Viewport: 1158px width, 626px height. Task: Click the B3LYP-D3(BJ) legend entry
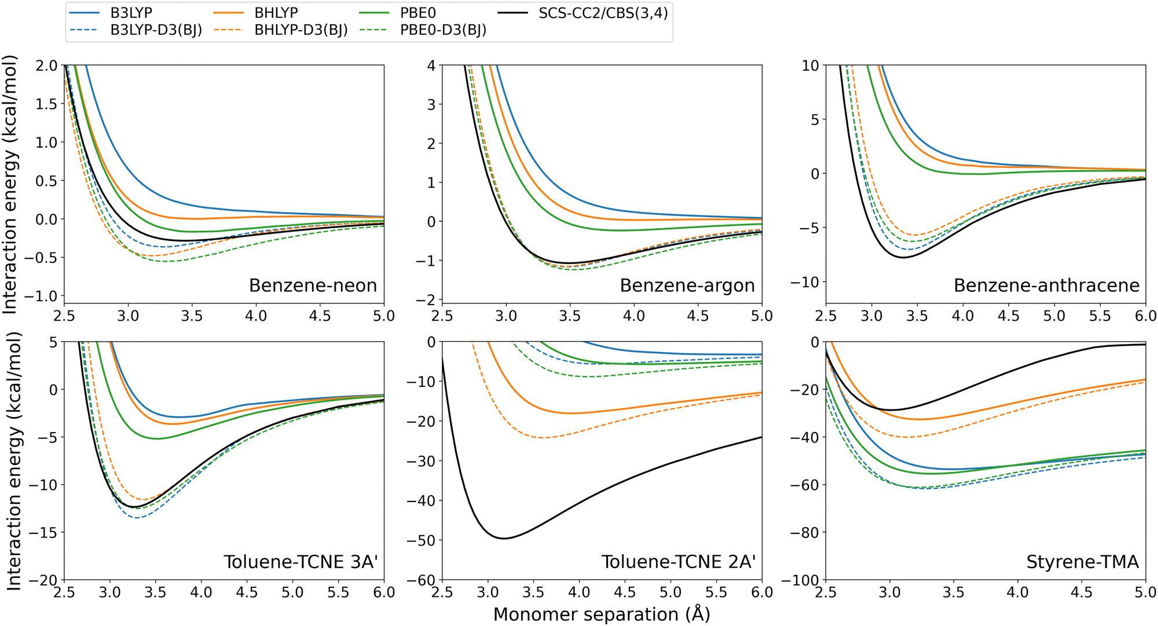[156, 30]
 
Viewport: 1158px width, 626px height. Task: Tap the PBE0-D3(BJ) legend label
[443, 30]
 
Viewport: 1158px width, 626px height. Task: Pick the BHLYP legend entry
[276, 13]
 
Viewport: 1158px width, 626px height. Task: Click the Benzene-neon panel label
[313, 285]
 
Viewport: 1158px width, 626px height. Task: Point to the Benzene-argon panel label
[687, 285]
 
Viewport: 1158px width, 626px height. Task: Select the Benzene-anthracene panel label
[1046, 285]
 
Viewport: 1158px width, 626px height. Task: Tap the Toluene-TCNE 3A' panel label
[301, 562]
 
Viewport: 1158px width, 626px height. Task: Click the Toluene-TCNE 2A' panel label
[678, 562]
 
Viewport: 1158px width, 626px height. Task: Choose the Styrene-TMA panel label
[1082, 562]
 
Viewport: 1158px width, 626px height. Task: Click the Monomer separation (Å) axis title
[602, 614]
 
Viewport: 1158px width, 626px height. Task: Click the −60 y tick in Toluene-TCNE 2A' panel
[424, 580]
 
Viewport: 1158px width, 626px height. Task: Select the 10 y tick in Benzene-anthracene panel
[810, 65]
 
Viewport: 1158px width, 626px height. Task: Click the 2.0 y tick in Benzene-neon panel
[47, 65]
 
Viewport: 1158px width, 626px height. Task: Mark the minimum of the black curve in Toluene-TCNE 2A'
[504, 539]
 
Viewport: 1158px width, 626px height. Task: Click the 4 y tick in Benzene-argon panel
[431, 65]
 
